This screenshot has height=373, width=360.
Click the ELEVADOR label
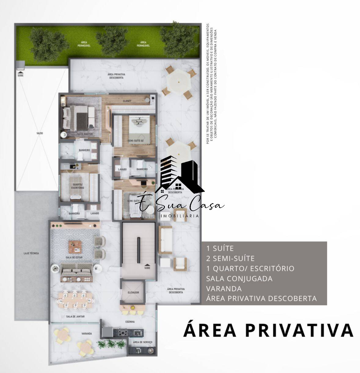(x=133, y=292)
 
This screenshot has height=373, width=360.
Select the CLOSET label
(x=127, y=101)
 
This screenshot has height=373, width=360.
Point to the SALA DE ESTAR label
(x=73, y=258)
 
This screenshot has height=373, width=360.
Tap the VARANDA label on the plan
(x=87, y=334)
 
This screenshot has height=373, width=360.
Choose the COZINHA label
(x=130, y=322)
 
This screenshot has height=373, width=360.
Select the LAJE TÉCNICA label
(x=31, y=253)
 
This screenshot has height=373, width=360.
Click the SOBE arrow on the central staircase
(x=147, y=266)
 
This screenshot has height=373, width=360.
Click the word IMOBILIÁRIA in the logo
(x=180, y=216)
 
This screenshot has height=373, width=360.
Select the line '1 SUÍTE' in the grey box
(x=220, y=248)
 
